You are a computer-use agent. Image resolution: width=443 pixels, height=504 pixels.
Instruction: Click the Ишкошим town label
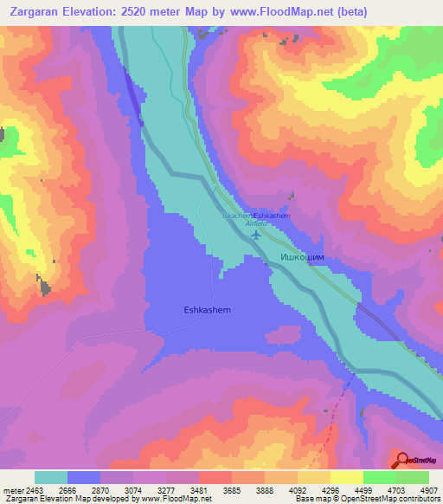point(302,258)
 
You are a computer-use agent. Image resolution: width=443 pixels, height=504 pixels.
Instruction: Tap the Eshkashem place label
point(208,308)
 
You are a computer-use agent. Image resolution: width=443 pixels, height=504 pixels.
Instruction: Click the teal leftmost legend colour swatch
point(51,476)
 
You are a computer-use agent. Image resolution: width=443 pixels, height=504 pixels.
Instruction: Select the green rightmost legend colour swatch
point(412,476)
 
